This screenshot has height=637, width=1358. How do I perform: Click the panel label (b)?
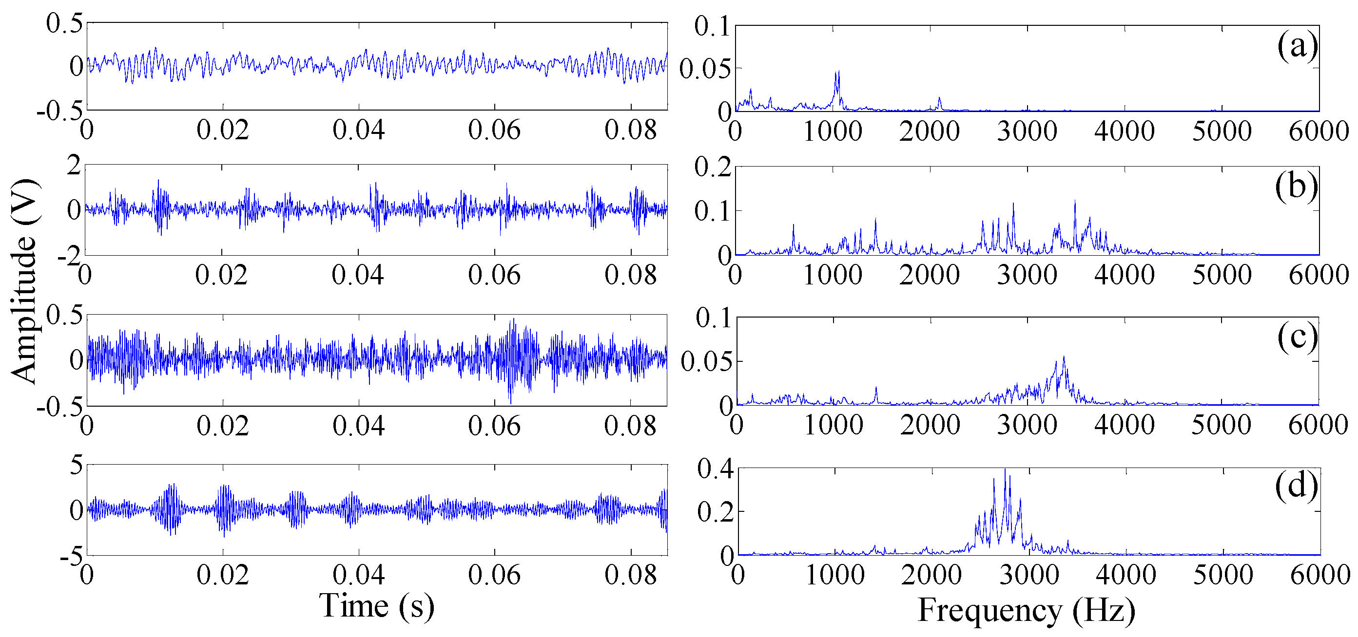(1296, 187)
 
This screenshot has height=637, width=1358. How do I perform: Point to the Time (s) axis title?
(376, 606)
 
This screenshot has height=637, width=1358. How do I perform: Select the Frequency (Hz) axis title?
(1026, 611)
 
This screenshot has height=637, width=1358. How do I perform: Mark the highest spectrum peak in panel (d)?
(1004, 469)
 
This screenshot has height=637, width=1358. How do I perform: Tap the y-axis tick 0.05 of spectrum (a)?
(705, 69)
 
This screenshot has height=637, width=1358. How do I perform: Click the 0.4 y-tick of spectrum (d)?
(716, 468)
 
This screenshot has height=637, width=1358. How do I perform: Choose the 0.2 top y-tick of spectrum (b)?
(713, 168)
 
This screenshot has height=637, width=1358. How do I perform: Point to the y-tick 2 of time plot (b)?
(74, 166)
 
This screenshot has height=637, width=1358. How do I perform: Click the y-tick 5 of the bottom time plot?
(77, 465)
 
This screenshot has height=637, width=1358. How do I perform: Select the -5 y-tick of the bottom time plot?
(72, 556)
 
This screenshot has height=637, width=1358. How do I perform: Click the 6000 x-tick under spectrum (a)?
(1319, 131)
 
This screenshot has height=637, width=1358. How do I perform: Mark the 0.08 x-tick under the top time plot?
(631, 130)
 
